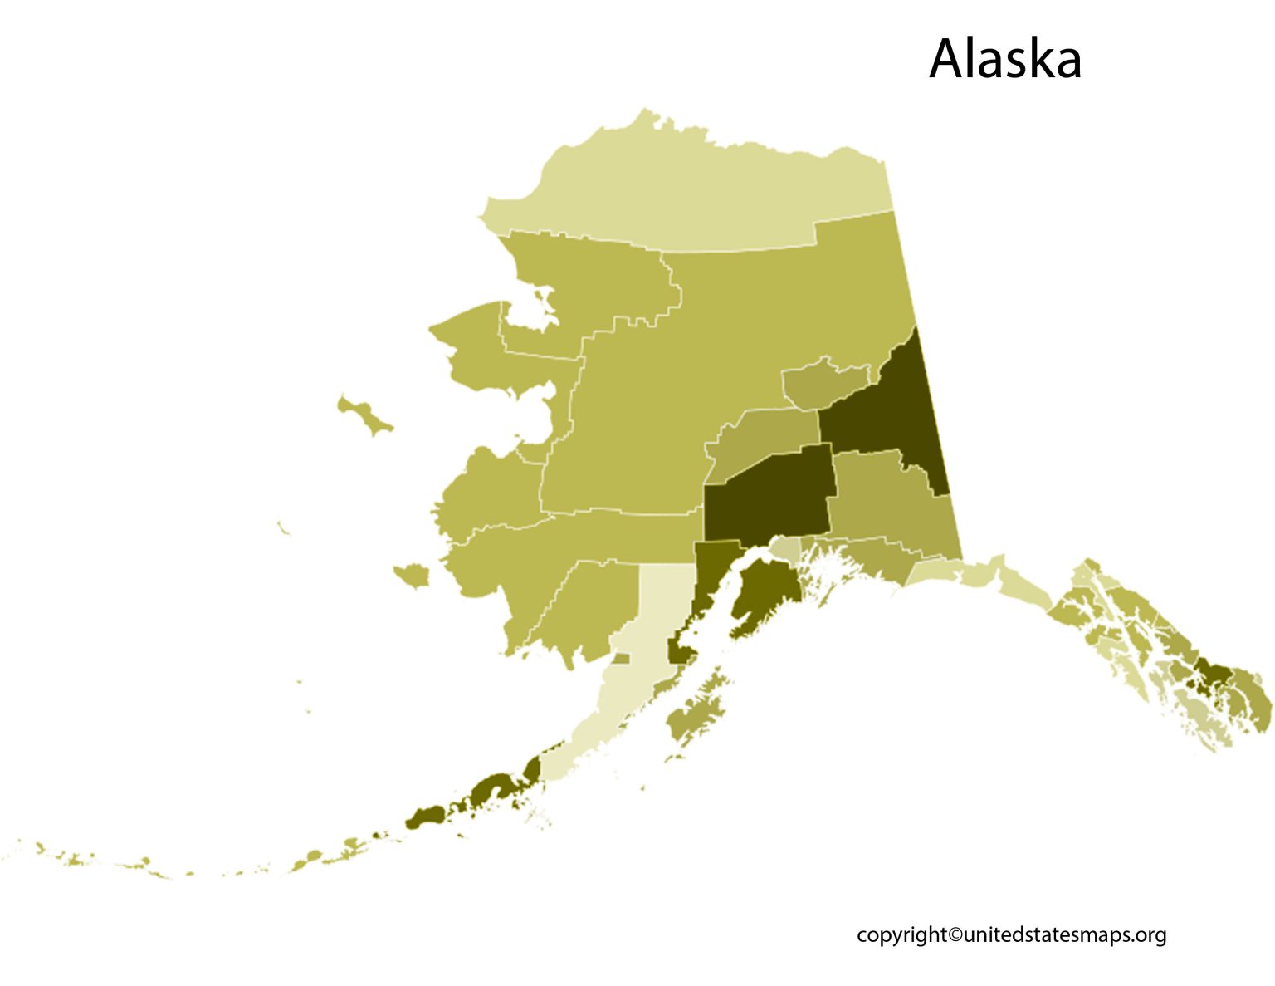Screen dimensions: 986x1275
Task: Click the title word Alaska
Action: pyautogui.click(x=1004, y=59)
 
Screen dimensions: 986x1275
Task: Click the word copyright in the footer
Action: pyautogui.click(x=901, y=934)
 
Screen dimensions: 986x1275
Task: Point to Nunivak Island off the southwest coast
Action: pyautogui.click(x=412, y=574)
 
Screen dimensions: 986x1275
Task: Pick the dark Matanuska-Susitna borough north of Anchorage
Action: pyautogui.click(x=768, y=494)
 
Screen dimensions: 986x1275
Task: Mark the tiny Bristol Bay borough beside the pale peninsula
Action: pyautogui.click(x=620, y=659)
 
